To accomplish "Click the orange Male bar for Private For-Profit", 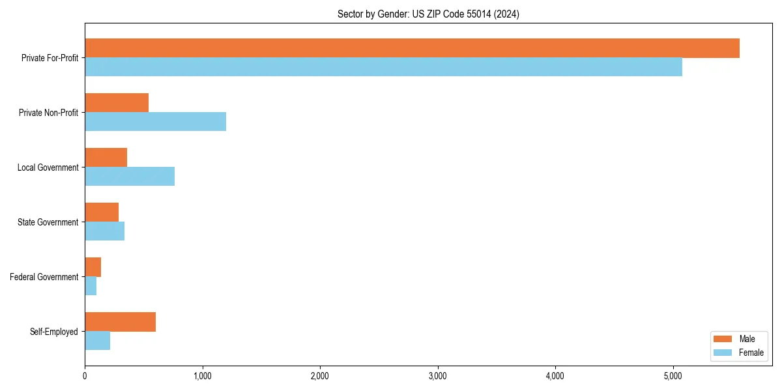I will (x=412, y=48).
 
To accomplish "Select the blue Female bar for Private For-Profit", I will (x=383, y=67).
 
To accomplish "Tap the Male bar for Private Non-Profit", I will (x=117, y=103).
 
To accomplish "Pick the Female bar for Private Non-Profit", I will (x=155, y=122).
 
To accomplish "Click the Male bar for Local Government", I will (x=106, y=158).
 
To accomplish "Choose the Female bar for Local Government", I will (x=130, y=177).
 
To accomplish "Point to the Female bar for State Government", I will (x=104, y=231).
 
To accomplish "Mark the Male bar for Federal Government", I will (x=93, y=267).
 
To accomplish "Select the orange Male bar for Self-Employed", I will (x=120, y=322).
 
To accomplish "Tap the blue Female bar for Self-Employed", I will (x=97, y=341).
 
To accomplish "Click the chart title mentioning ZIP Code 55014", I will (x=428, y=14).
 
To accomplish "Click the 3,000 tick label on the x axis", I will (x=438, y=376).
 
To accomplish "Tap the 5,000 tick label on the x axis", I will (x=673, y=376).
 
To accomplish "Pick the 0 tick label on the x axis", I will (x=85, y=376).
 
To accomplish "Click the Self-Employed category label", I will (x=53, y=332).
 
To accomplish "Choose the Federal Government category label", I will (x=44, y=277).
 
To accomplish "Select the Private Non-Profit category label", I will (x=48, y=113).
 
